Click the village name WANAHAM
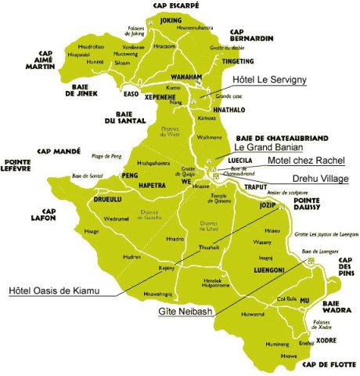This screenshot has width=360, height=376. [187, 77]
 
